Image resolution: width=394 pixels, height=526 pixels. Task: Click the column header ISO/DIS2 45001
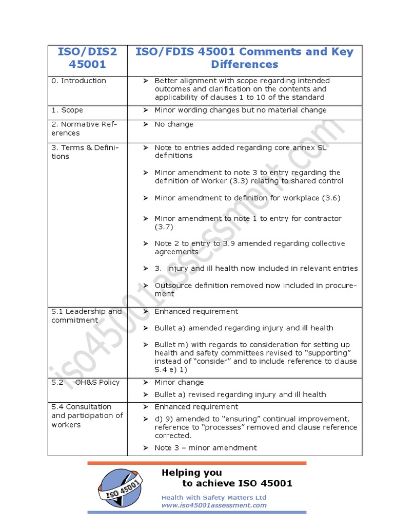(87, 58)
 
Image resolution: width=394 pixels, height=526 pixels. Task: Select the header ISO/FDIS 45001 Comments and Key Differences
(244, 58)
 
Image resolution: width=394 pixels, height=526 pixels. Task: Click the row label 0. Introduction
(78, 81)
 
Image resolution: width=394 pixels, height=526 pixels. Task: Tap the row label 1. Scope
(67, 110)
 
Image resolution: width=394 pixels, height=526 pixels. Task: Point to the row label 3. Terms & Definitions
(85, 152)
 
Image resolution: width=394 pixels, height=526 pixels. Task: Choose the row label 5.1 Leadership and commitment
(87, 316)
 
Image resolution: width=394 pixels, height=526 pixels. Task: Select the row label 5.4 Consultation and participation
(87, 416)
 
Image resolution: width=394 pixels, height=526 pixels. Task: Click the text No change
(174, 124)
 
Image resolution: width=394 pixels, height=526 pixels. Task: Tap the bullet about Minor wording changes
(240, 110)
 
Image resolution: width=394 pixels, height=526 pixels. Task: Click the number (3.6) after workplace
(331, 198)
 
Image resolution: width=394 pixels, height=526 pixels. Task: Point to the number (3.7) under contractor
(164, 227)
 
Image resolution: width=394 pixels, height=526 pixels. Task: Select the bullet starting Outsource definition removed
(255, 290)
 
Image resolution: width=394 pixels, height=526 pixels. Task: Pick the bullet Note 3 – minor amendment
(205, 448)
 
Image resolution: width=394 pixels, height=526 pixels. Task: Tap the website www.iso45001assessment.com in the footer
(214, 505)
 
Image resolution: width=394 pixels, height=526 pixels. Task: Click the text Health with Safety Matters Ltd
(214, 497)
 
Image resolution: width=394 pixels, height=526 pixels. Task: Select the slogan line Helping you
(192, 473)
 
